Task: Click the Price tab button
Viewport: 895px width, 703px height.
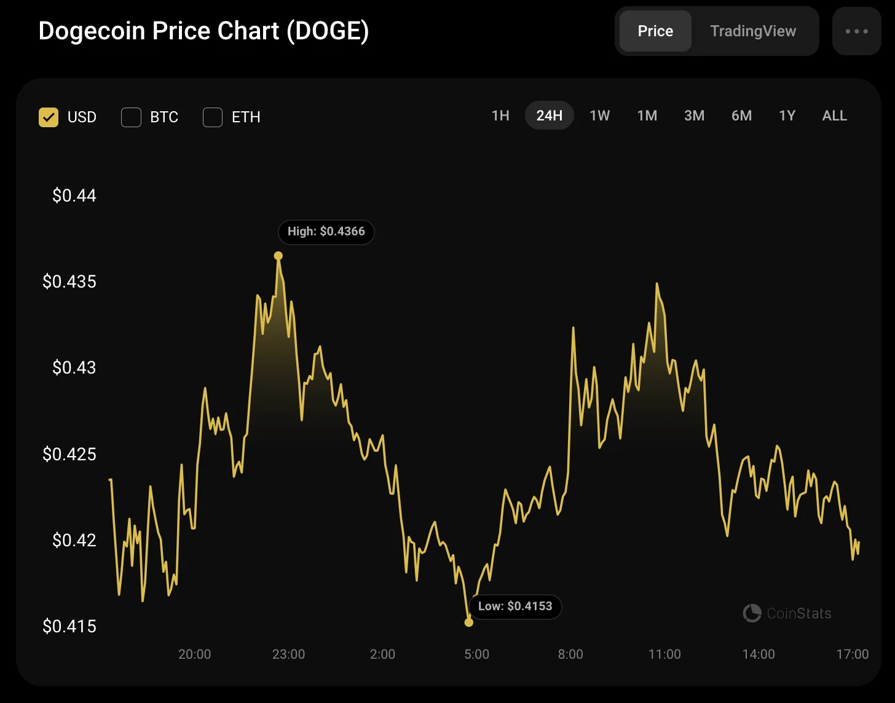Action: tap(655, 31)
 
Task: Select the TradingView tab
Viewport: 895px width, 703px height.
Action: tap(753, 31)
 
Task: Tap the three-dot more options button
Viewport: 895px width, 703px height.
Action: tap(856, 31)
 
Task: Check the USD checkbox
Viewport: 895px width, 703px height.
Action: tap(49, 117)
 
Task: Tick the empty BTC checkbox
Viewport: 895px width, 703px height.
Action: tap(132, 117)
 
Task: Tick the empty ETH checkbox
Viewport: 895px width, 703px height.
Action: tap(213, 117)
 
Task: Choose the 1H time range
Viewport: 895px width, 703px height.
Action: tap(500, 116)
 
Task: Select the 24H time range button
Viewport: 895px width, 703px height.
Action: tap(549, 116)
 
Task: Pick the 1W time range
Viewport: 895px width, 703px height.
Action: tap(599, 116)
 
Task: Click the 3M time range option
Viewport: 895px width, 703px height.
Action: tap(694, 116)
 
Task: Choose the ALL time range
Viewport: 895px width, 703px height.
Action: tap(834, 116)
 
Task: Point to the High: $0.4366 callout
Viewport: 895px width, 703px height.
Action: tap(326, 232)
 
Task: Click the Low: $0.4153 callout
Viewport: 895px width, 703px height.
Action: tap(515, 607)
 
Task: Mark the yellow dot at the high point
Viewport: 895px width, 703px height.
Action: tap(278, 256)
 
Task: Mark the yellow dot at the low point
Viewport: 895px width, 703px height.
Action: tap(469, 622)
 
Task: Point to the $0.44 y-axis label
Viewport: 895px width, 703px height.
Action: tap(74, 195)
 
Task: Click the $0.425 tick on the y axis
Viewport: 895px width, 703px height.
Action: tap(69, 454)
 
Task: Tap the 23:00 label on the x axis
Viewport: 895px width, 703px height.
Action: tap(288, 654)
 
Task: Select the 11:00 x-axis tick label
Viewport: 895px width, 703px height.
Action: tap(664, 654)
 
